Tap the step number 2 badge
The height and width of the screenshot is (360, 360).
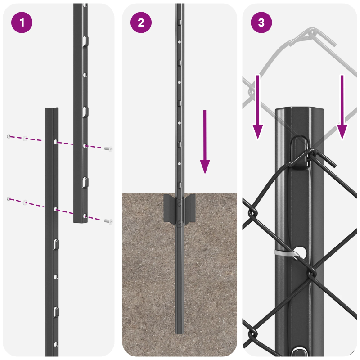(x=141, y=23)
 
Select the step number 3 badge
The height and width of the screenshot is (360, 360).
(x=261, y=23)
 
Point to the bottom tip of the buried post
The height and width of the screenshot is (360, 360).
(x=180, y=332)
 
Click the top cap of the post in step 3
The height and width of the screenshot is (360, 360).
(x=300, y=111)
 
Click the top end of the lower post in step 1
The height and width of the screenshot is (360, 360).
(x=51, y=110)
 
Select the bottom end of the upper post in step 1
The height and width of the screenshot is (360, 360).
(x=81, y=221)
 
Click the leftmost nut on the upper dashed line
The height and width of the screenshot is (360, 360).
(x=8, y=136)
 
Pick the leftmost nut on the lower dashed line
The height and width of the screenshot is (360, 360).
(x=8, y=198)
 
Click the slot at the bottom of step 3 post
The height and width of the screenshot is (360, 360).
(x=298, y=351)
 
